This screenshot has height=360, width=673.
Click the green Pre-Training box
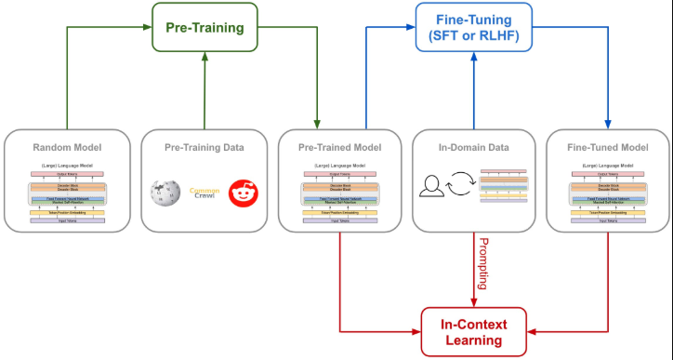coord(204,29)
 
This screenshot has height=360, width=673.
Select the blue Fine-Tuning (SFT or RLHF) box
coord(475,29)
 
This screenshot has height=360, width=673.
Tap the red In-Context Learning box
coord(475,332)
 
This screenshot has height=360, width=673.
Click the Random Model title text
coord(66,147)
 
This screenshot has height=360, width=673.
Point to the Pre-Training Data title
coord(204,147)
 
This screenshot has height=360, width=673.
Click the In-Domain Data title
coord(475,147)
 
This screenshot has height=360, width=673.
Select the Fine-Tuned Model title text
coord(610,147)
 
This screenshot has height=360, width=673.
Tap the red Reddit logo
coord(244,193)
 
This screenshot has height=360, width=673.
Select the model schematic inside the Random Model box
coord(66,196)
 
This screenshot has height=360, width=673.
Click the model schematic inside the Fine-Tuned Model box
coord(610,196)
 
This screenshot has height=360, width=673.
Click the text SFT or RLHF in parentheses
coord(475,37)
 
